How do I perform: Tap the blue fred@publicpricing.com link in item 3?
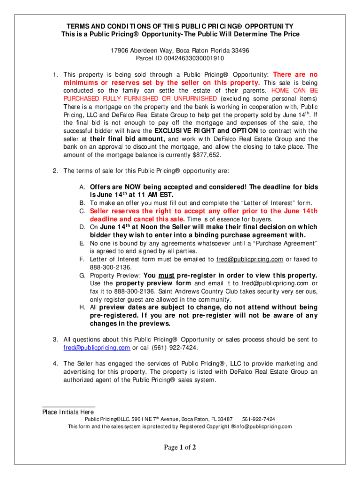tap(97, 348)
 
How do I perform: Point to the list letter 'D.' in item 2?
tap(81, 227)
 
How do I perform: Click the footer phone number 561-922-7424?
tap(259, 419)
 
